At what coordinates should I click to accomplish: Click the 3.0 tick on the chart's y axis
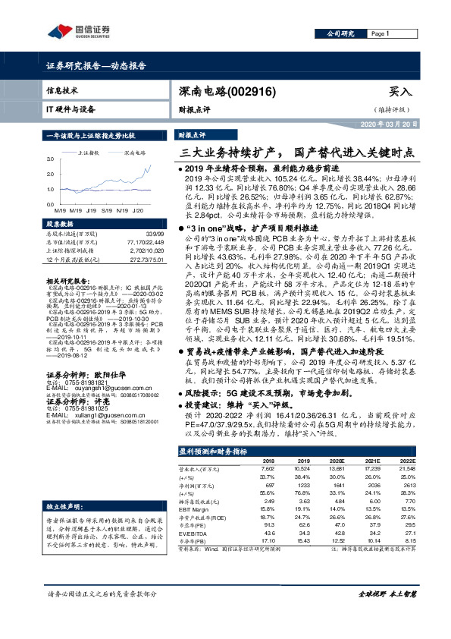click(x=50, y=159)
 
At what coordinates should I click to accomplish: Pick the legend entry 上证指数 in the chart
click(x=92, y=153)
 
